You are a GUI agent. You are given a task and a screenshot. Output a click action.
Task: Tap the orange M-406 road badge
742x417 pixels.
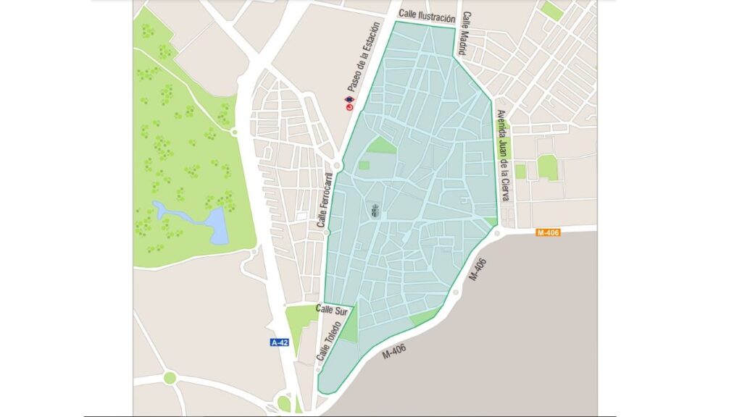pyautogui.click(x=548, y=232)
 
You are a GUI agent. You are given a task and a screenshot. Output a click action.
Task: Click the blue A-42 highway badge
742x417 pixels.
pyautogui.click(x=280, y=342)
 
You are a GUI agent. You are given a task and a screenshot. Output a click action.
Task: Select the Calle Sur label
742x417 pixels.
pyautogui.click(x=333, y=309)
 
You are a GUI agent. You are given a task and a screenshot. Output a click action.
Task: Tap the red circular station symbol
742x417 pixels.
pyautogui.click(x=349, y=107)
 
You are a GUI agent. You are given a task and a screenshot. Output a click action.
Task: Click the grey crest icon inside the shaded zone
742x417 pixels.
pyautogui.click(x=375, y=211)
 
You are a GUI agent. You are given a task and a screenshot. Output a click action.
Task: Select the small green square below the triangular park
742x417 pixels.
pyautogui.click(x=364, y=165)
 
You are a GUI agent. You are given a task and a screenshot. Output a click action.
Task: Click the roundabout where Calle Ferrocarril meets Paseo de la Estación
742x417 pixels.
pyautogui.click(x=338, y=166)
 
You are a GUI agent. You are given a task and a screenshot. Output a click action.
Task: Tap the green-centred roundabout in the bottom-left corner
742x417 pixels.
pyautogui.click(x=170, y=377)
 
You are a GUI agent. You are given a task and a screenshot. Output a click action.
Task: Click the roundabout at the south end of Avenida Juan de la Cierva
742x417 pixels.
pyautogui.click(x=497, y=233)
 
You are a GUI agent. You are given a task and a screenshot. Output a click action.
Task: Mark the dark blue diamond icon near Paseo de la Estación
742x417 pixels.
pyautogui.click(x=350, y=99)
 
